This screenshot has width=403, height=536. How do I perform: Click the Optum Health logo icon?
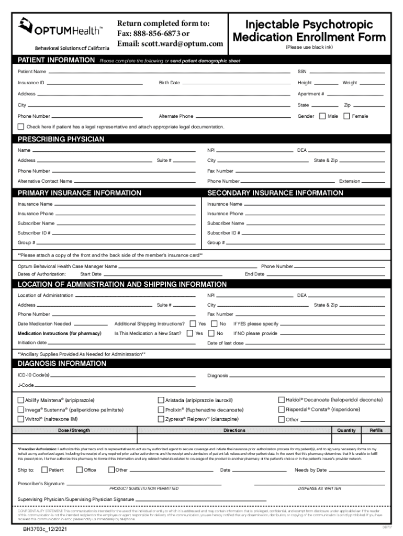(27, 25)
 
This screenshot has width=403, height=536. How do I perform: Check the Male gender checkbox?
(322, 116)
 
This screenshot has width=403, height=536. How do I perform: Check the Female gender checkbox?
(346, 116)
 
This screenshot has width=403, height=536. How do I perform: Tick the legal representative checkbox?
(21, 127)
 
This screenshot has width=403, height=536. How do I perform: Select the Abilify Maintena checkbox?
(21, 400)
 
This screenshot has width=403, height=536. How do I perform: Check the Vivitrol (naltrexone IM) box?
(21, 419)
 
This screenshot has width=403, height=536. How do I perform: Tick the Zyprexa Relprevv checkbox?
(161, 419)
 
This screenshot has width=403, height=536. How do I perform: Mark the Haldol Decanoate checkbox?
(282, 400)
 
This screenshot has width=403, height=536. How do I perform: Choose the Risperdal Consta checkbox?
(282, 409)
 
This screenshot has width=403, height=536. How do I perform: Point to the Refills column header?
(376, 430)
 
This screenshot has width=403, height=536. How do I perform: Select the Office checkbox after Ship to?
(80, 470)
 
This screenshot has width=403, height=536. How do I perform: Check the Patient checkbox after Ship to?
(44, 470)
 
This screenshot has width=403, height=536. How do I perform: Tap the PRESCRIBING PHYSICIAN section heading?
(61, 139)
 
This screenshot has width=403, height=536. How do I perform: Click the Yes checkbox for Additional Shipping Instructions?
(193, 324)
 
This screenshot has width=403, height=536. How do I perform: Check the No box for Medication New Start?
(212, 333)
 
